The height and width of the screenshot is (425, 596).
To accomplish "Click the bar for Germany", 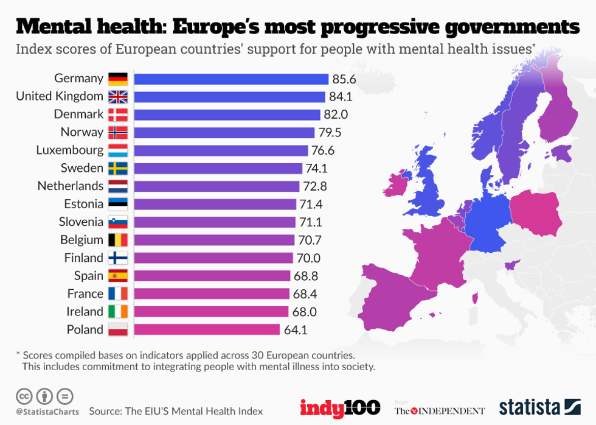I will (x=231, y=79).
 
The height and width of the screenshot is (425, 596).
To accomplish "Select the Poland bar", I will (x=207, y=329).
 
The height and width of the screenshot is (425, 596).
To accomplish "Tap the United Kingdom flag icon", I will (x=117, y=96).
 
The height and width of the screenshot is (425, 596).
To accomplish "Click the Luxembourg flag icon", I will (x=117, y=150).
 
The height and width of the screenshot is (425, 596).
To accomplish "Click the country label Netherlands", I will (x=70, y=186).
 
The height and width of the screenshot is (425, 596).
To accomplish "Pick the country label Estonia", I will (x=83, y=204).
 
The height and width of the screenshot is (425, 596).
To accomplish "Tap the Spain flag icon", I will (x=117, y=276).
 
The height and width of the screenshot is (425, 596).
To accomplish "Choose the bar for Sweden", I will (x=218, y=168).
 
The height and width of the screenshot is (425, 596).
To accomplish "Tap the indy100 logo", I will (x=339, y=407).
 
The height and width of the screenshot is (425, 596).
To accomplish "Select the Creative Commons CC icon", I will (x=24, y=396).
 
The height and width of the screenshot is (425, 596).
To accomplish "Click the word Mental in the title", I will (x=58, y=27).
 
